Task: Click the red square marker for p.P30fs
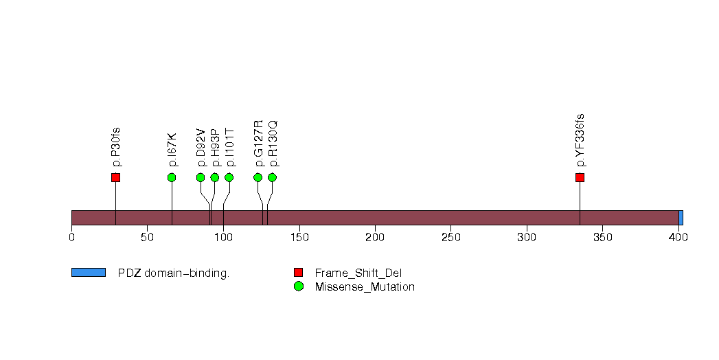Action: coord(115,177)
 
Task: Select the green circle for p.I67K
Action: coord(172,177)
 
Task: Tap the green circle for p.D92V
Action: coord(201,177)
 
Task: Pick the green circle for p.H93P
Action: coord(214,177)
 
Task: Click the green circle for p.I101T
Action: coord(229,177)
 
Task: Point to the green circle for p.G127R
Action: coord(258,177)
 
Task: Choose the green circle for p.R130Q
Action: coord(273,177)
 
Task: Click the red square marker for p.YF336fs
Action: coord(580,177)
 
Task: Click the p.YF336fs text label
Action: coord(580,140)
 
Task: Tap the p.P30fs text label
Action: coord(116,147)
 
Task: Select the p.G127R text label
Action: coord(259,143)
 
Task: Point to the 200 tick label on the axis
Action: coord(375,237)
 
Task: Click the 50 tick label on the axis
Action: coord(147,237)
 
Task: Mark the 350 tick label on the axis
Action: coord(602,237)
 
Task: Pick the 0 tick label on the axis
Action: coord(71,237)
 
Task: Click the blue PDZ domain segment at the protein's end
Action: coord(681,218)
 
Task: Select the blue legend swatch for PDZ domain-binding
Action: coord(89,273)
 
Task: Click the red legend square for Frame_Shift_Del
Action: coord(299,273)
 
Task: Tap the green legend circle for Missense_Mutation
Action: coord(299,286)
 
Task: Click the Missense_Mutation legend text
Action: coord(365,287)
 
